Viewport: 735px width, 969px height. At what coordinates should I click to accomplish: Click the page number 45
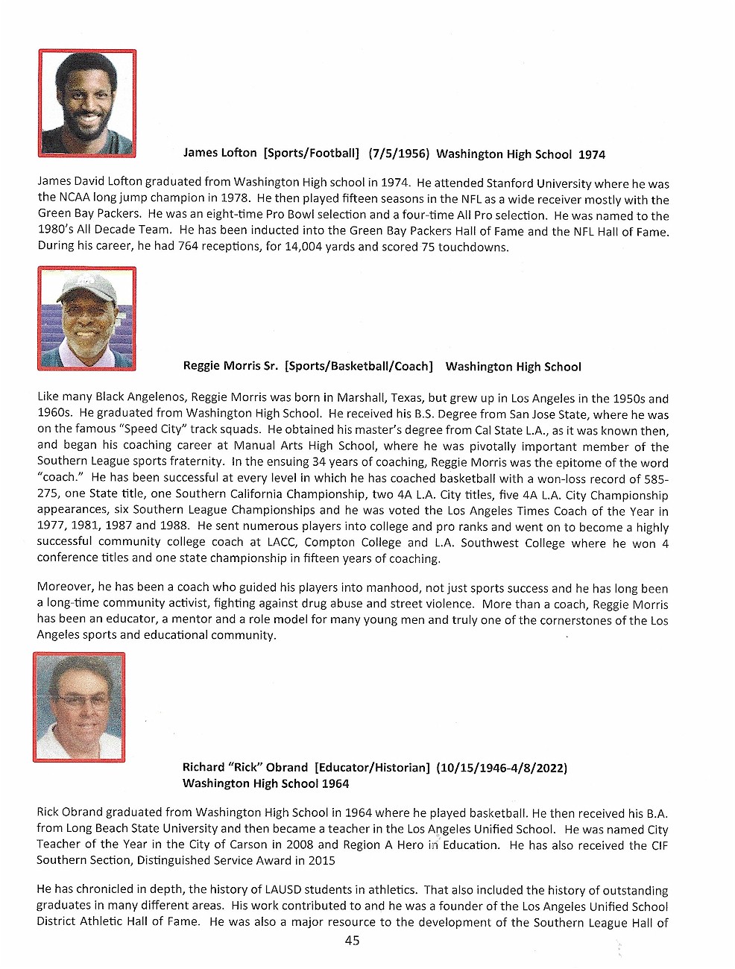point(352,941)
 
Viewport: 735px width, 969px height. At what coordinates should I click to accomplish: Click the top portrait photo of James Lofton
point(87,103)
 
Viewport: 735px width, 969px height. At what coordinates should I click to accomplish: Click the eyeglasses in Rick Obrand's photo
point(81,701)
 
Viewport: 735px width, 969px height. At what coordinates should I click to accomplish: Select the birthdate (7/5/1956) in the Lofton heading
point(399,154)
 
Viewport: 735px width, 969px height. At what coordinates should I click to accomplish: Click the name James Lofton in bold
point(220,153)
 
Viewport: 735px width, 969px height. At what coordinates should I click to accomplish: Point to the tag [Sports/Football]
point(312,154)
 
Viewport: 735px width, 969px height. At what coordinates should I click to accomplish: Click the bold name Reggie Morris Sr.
point(230,366)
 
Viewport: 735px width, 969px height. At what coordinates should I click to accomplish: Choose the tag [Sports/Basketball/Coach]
point(359,366)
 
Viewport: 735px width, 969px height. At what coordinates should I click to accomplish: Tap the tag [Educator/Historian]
point(373,767)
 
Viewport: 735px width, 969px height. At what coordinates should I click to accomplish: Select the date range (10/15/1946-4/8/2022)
point(502,767)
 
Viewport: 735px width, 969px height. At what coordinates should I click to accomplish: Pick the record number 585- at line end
point(654,479)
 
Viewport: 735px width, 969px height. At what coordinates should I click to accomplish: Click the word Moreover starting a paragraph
point(64,588)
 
